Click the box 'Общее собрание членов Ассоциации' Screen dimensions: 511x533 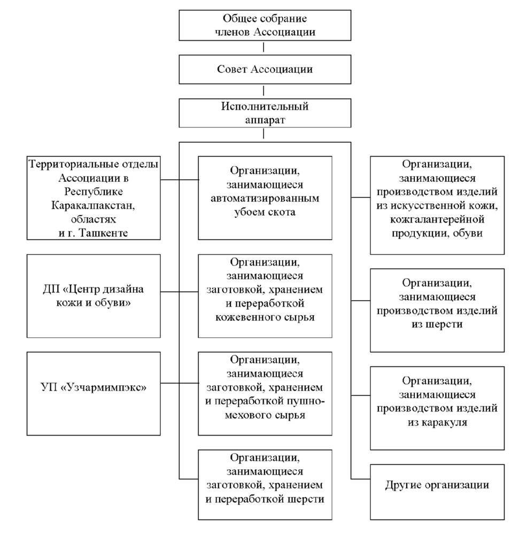(265, 25)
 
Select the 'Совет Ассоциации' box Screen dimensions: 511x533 (265, 70)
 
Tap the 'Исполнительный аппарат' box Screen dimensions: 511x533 (265, 113)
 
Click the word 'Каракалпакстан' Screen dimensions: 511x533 (93, 205)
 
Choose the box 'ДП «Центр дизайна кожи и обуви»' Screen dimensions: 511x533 (94, 296)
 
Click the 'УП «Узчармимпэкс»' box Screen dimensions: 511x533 (94, 394)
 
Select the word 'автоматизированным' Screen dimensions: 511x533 (265, 199)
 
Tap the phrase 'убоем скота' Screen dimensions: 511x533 (265, 212)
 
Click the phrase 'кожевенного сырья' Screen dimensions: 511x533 (265, 317)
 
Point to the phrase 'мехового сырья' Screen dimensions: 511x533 (265, 415)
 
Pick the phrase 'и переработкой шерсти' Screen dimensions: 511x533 (265, 499)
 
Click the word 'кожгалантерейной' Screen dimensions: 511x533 (437, 219)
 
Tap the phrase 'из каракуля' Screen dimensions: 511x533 (437, 423)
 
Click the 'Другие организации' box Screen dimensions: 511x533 (437, 492)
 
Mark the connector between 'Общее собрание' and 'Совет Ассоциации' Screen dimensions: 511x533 (264, 48)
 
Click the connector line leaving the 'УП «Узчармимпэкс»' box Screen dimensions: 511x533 (179, 383)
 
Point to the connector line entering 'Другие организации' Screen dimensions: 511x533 (361, 478)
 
